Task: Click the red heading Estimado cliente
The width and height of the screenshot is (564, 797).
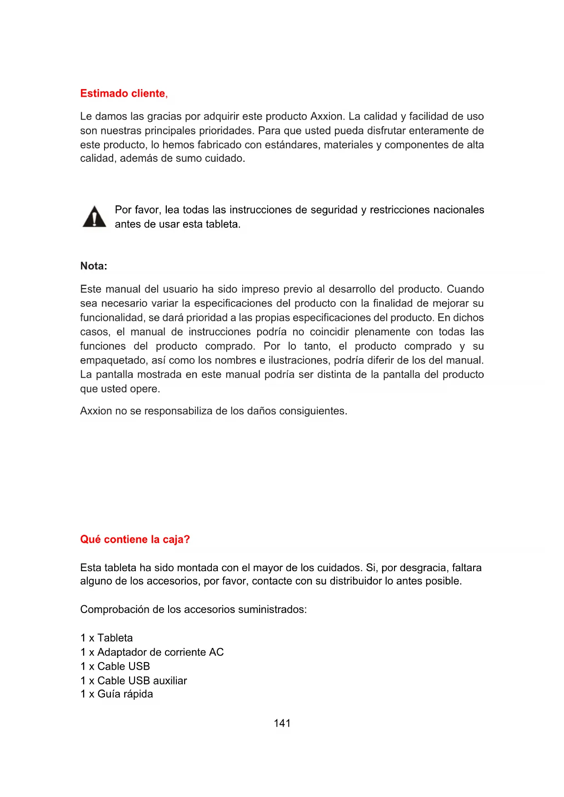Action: pyautogui.click(x=123, y=94)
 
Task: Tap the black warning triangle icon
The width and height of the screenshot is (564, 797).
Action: pyautogui.click(x=94, y=217)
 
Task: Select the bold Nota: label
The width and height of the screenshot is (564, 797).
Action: pyautogui.click(x=94, y=266)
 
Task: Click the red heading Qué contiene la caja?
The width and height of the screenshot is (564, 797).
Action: pyautogui.click(x=135, y=540)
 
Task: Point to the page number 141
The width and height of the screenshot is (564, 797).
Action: pyautogui.click(x=282, y=723)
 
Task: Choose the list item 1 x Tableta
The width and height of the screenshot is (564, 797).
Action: pyautogui.click(x=106, y=638)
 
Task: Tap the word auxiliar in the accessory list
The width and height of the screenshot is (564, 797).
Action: pyautogui.click(x=170, y=681)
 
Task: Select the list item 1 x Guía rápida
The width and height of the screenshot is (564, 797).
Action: pyautogui.click(x=116, y=694)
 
